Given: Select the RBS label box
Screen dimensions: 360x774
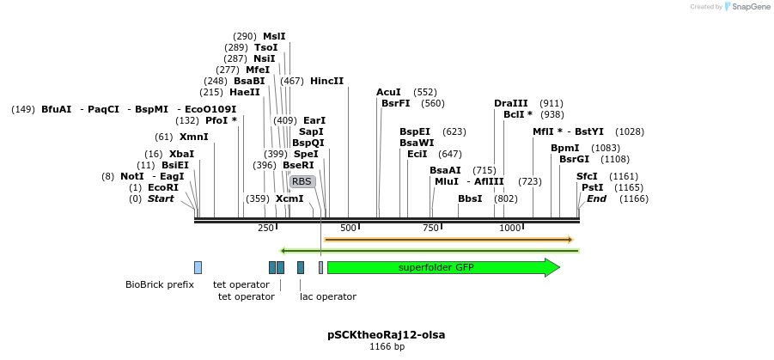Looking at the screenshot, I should coord(302,181).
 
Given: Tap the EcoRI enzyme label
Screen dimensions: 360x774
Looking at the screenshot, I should coord(163,187).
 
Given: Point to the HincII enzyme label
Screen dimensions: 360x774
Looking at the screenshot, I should coord(326,81).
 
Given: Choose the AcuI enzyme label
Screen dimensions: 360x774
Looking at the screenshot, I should coord(388,92).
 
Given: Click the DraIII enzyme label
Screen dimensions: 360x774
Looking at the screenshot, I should coord(511,103).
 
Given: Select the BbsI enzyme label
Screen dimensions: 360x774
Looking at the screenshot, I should coord(470,198).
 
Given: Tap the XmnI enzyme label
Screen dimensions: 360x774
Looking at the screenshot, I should coord(193,137).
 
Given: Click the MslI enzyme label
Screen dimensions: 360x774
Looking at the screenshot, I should coord(274,36).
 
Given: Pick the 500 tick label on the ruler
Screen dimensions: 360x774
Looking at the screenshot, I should coord(348,228).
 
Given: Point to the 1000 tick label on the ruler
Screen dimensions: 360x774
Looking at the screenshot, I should coord(510,228).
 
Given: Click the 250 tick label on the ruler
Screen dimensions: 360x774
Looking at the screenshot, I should coord(266,228).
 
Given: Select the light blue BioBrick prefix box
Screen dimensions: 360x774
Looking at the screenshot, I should coord(198,267).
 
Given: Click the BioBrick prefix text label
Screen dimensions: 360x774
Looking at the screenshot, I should coord(160,284).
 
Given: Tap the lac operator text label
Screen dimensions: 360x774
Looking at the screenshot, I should coord(327,296).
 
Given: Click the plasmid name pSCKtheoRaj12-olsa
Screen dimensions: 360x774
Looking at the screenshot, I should coord(387,334).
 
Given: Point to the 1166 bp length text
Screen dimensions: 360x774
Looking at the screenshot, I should coord(387,347).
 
